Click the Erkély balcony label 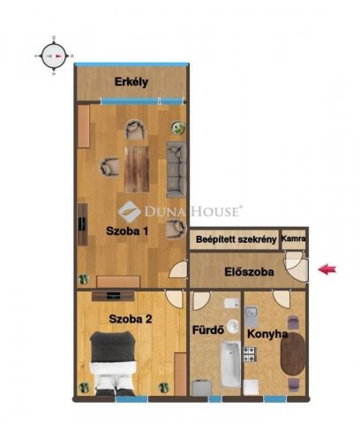coord(131,82)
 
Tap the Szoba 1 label coord(127,231)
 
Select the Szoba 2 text coord(131,319)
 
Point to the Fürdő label coord(208,329)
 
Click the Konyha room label coord(267,334)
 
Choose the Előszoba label coord(249,272)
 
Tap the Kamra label coord(293,238)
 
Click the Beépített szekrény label coord(236,239)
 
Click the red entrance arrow coord(327,269)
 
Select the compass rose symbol coord(54,56)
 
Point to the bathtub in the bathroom coord(230,364)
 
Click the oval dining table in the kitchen coord(293,354)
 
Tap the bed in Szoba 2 coord(113,363)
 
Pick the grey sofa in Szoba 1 coord(176,170)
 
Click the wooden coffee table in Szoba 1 coord(137,169)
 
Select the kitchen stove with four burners coord(250,354)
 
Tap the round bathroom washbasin coord(233,326)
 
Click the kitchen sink coord(251,315)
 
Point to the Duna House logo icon coord(129,211)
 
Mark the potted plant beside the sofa coord(178,128)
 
